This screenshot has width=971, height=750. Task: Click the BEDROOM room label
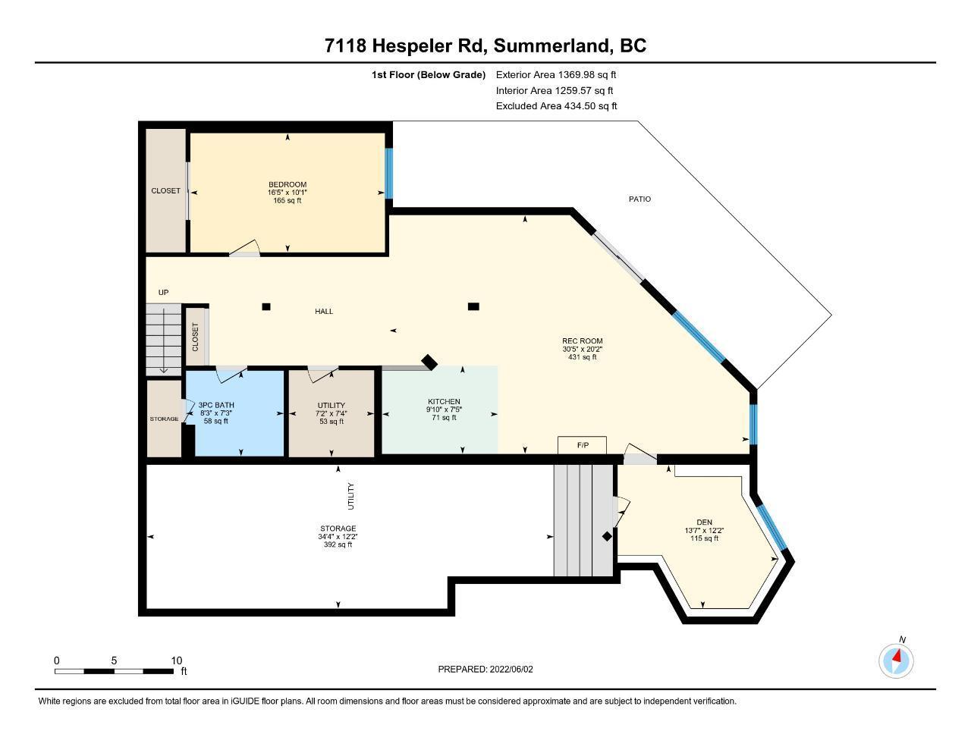coord(288,184)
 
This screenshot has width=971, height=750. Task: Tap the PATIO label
coord(639,199)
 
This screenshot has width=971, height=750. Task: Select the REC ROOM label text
coord(583,340)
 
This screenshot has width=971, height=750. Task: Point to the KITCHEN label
coord(444,402)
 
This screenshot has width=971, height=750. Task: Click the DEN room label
coord(704,522)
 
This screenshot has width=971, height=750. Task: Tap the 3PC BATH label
coord(216,405)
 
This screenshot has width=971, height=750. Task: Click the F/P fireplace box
coord(583,445)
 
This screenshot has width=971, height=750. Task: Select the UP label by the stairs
coord(164,293)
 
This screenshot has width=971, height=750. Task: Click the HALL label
coord(324,312)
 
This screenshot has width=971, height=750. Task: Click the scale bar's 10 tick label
coord(177,661)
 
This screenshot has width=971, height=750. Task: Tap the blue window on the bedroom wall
coord(388,174)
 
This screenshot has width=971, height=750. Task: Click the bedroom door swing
coord(244,249)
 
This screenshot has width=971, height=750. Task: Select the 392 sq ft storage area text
coord(338,544)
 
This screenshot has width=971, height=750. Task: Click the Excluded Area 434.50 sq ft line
coord(556,106)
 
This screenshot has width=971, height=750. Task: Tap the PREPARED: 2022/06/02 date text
coord(485,669)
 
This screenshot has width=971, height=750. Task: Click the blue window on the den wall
coord(772,526)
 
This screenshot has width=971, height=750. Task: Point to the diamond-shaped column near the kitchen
coord(429,362)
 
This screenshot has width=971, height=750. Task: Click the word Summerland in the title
coord(551,46)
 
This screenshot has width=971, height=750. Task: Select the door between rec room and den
coord(640,453)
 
